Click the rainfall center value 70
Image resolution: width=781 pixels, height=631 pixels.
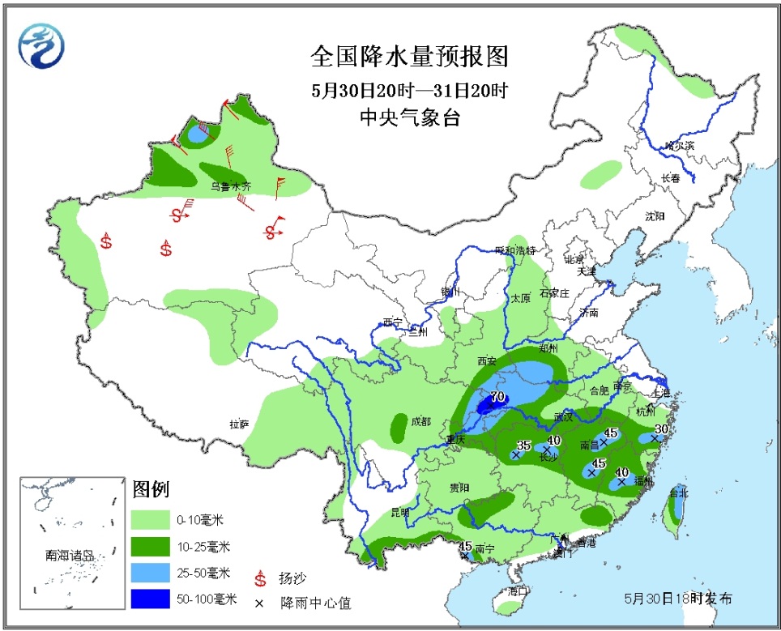point(498,397)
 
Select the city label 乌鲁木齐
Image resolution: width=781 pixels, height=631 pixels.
point(232,186)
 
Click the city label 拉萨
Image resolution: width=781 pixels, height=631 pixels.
point(239,424)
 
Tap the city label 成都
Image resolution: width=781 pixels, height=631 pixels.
point(421,421)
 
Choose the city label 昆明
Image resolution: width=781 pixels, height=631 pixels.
point(400,512)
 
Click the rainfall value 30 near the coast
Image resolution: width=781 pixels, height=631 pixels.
point(661,428)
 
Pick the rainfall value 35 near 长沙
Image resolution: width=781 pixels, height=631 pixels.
point(523,445)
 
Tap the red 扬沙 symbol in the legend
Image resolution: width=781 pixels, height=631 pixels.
point(262,578)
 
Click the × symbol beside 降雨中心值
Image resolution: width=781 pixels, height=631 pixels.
point(261,602)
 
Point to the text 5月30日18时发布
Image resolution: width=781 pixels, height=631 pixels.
point(677,599)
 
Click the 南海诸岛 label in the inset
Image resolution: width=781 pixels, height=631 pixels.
point(70,556)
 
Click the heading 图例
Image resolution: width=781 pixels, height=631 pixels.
point(150,489)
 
